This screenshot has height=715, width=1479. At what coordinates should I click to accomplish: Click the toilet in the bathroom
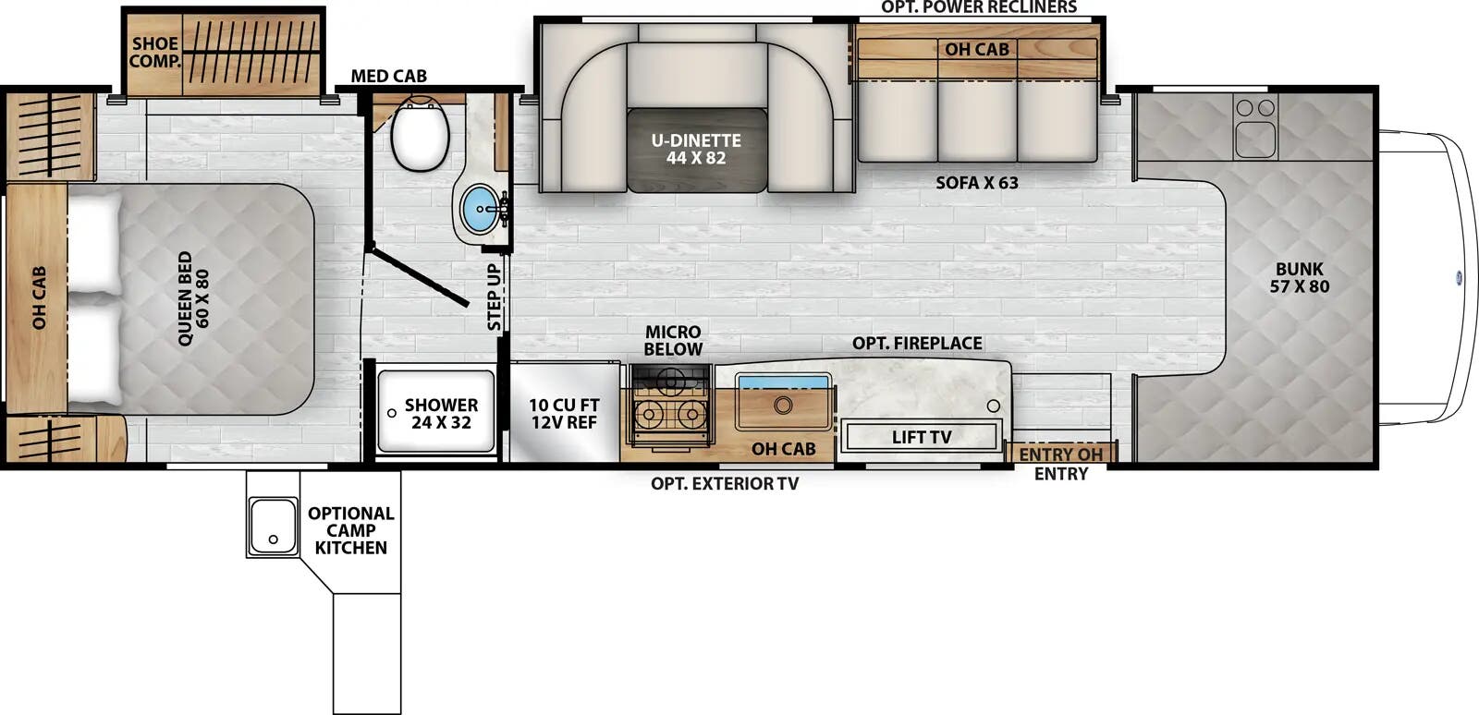pyautogui.click(x=420, y=135)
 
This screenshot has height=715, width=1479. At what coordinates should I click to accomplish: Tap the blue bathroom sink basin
pyautogui.click(x=479, y=209)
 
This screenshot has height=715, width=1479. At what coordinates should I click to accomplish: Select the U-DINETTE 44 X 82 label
pyautogui.click(x=696, y=149)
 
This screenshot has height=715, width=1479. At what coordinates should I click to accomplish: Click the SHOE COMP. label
pyautogui.click(x=153, y=53)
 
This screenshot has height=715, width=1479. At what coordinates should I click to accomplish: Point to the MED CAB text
pyautogui.click(x=388, y=76)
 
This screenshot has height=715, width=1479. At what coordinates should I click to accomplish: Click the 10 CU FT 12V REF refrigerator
pyautogui.click(x=564, y=414)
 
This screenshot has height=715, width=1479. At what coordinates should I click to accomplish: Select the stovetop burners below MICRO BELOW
pyautogui.click(x=669, y=413)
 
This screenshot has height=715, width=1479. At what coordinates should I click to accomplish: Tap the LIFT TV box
pyautogui.click(x=921, y=437)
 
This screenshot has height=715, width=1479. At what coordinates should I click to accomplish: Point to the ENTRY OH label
pyautogui.click(x=1060, y=454)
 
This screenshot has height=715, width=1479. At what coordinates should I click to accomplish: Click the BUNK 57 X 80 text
pyautogui.click(x=1299, y=278)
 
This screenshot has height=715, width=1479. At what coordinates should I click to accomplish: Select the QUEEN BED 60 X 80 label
pyautogui.click(x=193, y=298)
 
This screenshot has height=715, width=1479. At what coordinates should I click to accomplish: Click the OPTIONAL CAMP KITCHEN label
pyautogui.click(x=350, y=530)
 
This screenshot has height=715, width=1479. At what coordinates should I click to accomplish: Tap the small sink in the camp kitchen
pyautogui.click(x=272, y=527)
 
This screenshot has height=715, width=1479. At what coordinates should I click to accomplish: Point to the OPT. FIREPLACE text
pyautogui.click(x=917, y=343)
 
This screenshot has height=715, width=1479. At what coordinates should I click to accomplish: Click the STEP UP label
pyautogui.click(x=495, y=297)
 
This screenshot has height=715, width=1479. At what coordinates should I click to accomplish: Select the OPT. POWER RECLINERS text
pyautogui.click(x=978, y=7)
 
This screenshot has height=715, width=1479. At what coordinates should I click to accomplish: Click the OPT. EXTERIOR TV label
pyautogui.click(x=724, y=483)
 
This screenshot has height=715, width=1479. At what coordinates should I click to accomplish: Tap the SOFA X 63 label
pyautogui.click(x=976, y=183)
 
